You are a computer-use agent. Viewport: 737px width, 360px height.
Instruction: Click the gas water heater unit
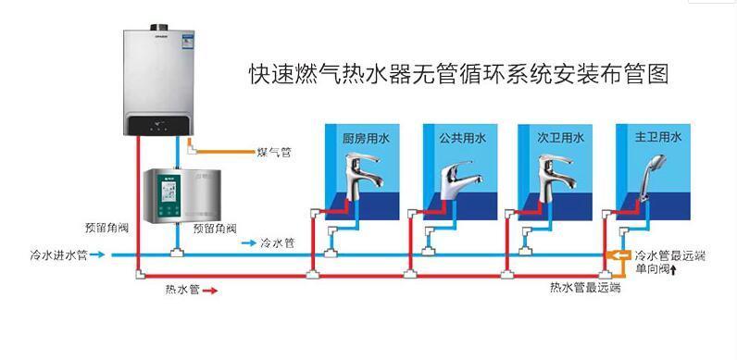[x=163, y=79]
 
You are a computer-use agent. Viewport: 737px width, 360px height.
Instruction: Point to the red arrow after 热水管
[x=210, y=291]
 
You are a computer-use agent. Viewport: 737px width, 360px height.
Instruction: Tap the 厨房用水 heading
[x=362, y=138]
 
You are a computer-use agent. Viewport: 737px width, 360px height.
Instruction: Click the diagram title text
[x=457, y=73]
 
